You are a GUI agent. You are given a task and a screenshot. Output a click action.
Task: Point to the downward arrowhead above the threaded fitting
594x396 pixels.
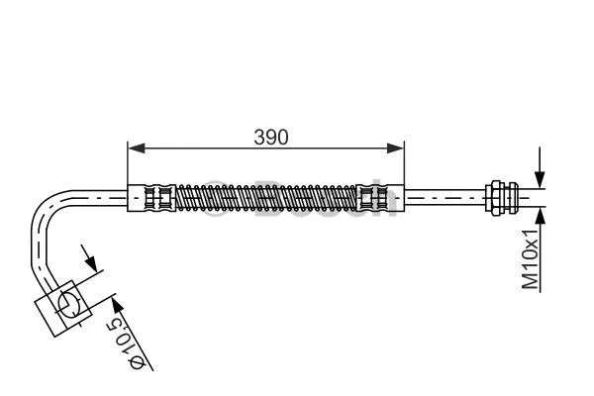[540, 179]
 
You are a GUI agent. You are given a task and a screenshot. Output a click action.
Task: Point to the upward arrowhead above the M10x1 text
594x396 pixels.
[540, 212]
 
